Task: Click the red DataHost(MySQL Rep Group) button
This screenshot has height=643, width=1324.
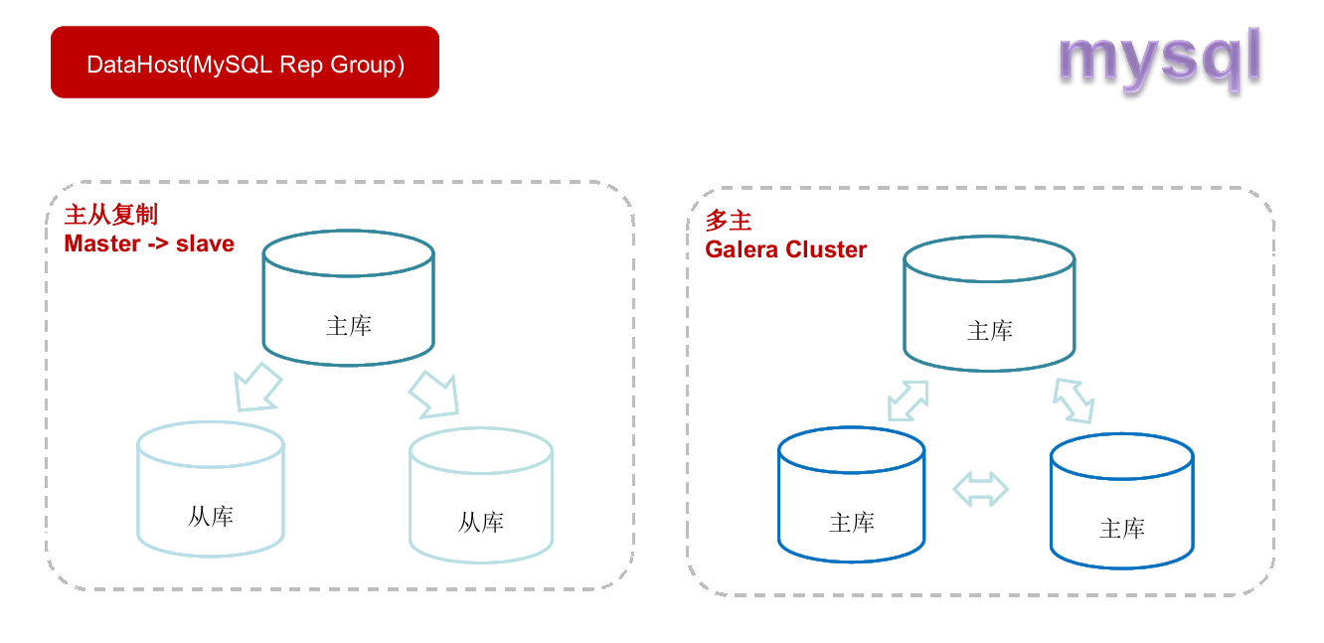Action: pyautogui.click(x=245, y=63)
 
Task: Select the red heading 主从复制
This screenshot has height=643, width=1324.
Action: pyautogui.click(x=110, y=216)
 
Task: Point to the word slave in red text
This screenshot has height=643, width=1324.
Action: pyautogui.click(x=205, y=243)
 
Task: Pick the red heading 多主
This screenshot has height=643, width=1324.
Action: pyautogui.click(x=729, y=221)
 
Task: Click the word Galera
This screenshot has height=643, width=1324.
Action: pyautogui.click(x=742, y=249)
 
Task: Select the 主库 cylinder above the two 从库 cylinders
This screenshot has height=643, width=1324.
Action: pyautogui.click(x=348, y=298)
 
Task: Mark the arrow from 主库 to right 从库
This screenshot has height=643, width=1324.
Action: pyautogui.click(x=434, y=394)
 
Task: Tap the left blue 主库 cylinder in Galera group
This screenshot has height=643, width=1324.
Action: pyautogui.click(x=852, y=495)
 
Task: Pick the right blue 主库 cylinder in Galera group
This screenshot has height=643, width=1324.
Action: pyautogui.click(x=1122, y=501)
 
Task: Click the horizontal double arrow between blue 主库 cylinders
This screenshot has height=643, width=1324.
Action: pyautogui.click(x=980, y=488)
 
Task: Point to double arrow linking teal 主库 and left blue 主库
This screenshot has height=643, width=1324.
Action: pyautogui.click(x=907, y=400)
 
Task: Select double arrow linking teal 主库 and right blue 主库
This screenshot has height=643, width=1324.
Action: pyautogui.click(x=1074, y=401)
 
